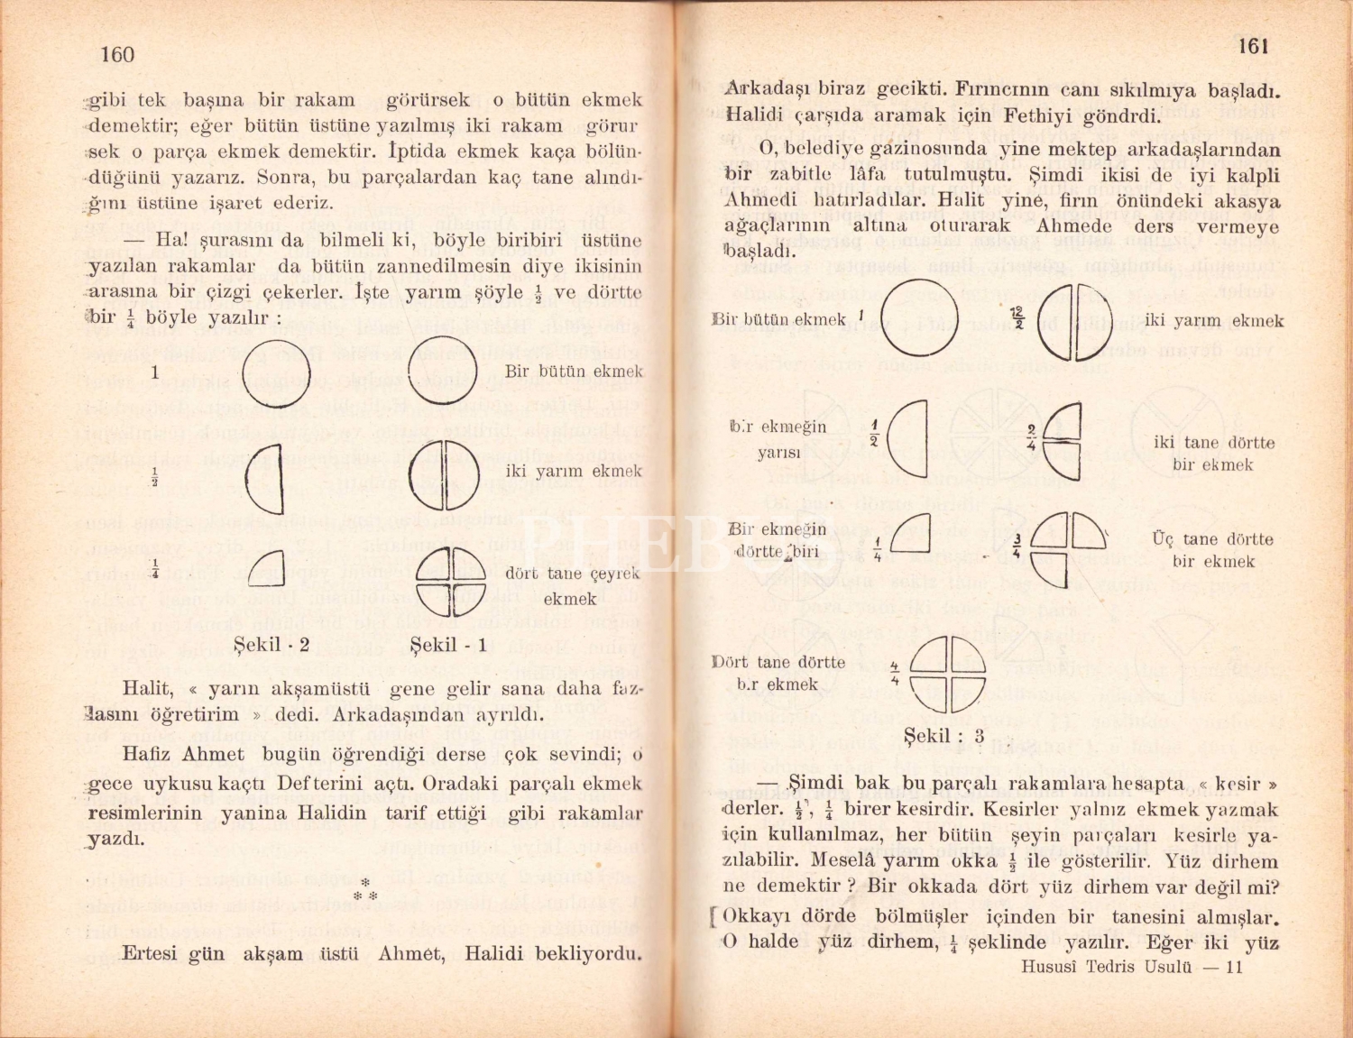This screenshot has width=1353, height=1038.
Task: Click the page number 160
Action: (117, 55)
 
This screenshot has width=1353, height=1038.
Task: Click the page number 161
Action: (1253, 46)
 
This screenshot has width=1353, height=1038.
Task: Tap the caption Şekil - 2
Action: (272, 645)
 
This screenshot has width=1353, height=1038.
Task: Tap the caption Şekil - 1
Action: (448, 645)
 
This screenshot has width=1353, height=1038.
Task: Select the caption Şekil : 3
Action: (943, 736)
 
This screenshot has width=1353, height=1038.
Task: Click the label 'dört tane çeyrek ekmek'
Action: (572, 585)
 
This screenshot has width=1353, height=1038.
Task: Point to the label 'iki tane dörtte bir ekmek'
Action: (1213, 454)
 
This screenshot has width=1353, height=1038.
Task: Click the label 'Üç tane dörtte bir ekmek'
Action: (1212, 550)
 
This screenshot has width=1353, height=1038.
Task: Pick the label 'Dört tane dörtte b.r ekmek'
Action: (778, 673)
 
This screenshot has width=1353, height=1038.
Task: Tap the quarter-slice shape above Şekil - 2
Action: (266, 567)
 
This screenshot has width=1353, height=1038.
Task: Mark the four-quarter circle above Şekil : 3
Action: (946, 674)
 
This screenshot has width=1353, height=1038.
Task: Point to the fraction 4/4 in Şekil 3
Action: (895, 673)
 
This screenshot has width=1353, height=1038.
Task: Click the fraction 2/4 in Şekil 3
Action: (1032, 436)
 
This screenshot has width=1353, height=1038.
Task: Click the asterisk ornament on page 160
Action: (365, 890)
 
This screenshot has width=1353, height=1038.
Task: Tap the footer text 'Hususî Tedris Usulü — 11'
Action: (1132, 967)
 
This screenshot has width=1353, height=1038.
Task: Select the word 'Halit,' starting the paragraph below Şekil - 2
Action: (148, 689)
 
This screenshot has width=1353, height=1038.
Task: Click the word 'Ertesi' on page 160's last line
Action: (150, 953)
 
